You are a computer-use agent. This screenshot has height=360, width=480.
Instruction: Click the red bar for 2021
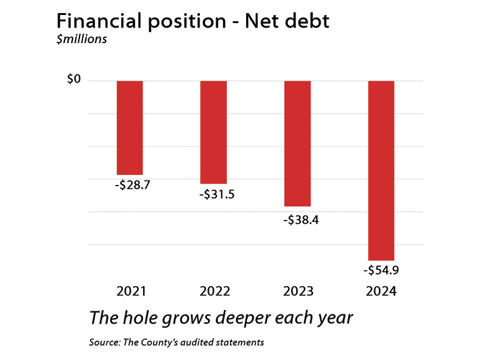coord(130,127)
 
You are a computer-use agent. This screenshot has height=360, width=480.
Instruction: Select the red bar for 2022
coord(214,132)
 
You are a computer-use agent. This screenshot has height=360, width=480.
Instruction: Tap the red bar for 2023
coord(297,143)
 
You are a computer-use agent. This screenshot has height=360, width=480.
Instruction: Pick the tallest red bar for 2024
coord(381,170)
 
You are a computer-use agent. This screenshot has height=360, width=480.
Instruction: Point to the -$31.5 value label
coord(217,194)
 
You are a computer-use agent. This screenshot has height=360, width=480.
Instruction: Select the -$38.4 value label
coord(301,220)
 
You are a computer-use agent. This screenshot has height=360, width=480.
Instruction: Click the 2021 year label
coord(131,291)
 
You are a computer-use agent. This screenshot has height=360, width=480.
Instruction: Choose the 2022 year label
coord(215,291)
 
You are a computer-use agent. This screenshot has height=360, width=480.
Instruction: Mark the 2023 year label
coord(299,291)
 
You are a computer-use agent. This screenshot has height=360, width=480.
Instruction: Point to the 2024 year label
coord(381,291)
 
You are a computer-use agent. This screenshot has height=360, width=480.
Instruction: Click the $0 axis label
coord(74,80)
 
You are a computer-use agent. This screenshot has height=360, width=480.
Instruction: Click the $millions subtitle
coord(81,40)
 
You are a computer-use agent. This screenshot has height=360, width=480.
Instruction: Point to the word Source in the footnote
coord(103,342)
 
